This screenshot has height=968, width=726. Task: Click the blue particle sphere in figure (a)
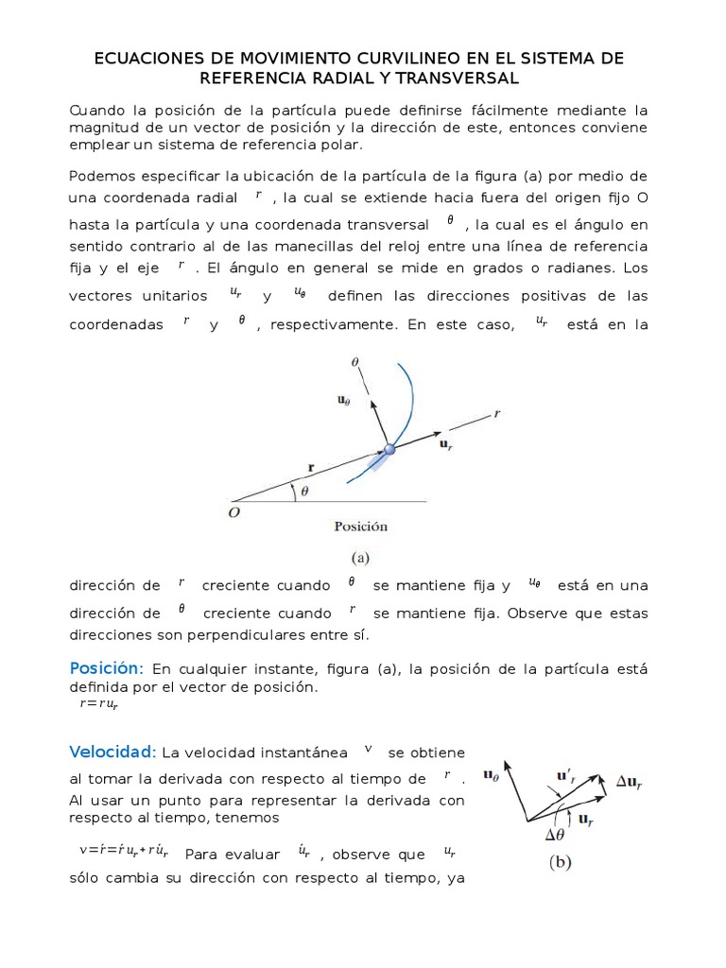click(x=388, y=450)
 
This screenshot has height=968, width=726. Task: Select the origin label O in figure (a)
click(x=233, y=511)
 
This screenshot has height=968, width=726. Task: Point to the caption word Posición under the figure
click(x=360, y=526)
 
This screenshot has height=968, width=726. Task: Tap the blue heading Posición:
click(x=106, y=668)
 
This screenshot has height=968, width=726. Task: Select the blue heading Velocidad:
click(x=112, y=752)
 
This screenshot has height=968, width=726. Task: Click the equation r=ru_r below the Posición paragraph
click(x=97, y=704)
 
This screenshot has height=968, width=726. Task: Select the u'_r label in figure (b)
click(x=566, y=777)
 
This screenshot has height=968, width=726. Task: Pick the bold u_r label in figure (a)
click(x=448, y=443)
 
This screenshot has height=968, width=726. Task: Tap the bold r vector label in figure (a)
click(x=310, y=465)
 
